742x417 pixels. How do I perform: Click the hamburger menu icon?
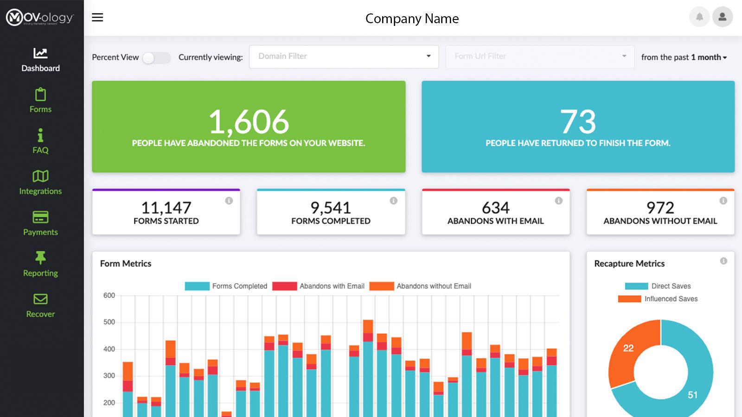tap(97, 18)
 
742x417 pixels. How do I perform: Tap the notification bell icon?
tap(699, 17)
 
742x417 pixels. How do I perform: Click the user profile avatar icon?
tap(722, 17)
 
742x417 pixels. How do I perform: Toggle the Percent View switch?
tap(156, 57)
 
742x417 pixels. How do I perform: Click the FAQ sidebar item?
tap(40, 141)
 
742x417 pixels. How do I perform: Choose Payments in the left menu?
tap(40, 223)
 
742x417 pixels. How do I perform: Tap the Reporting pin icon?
tap(40, 258)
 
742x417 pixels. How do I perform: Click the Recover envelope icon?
tap(40, 299)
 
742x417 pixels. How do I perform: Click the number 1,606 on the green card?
tap(249, 122)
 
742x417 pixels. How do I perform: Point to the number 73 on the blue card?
tap(578, 122)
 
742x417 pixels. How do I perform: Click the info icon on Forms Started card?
tap(229, 201)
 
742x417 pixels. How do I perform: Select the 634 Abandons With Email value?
tap(495, 208)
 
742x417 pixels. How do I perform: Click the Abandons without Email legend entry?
tap(421, 286)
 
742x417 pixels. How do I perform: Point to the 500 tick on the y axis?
tap(109, 322)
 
